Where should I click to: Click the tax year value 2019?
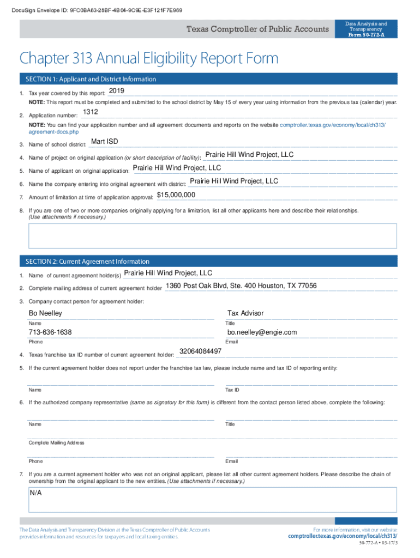click(117, 90)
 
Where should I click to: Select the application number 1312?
click(90, 112)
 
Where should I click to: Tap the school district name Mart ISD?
click(104, 142)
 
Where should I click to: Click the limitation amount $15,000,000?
click(176, 195)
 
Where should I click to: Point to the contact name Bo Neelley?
click(45, 313)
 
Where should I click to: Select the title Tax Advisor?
click(245, 313)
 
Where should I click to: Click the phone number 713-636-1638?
click(50, 332)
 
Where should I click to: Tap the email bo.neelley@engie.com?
click(262, 332)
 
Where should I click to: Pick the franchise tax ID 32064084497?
click(200, 351)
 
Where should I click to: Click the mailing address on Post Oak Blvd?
click(241, 286)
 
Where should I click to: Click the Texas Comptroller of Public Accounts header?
click(257, 29)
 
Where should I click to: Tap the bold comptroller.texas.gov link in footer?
click(343, 536)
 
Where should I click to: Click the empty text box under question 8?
click(213, 235)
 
